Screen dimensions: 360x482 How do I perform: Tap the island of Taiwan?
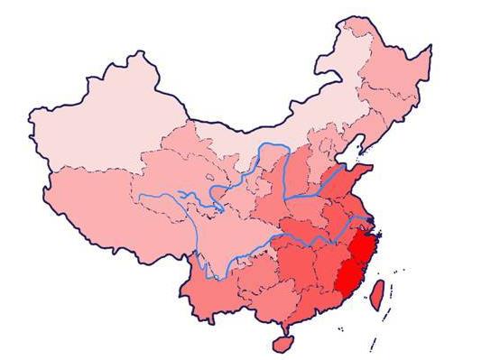pyautogui.click(x=380, y=290)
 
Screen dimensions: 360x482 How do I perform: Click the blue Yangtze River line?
pyautogui.click(x=298, y=236)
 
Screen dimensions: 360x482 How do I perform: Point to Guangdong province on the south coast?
pyautogui.click(x=307, y=302)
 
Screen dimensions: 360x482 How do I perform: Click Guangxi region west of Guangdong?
pyautogui.click(x=262, y=298)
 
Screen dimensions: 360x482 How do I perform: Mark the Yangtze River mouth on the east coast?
pyautogui.click(x=372, y=220)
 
